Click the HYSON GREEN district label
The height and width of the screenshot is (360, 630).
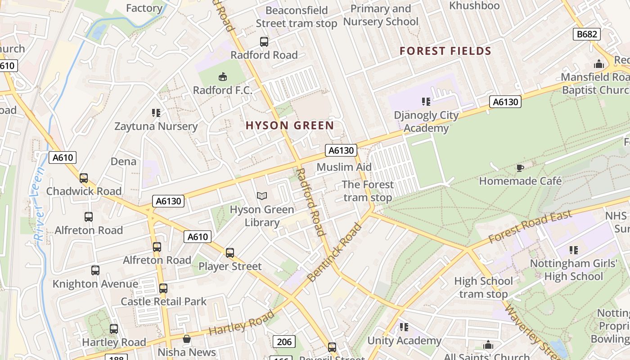(x=290, y=126)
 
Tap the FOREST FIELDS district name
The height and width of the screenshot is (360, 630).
(x=445, y=51)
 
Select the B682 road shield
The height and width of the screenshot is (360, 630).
(x=587, y=34)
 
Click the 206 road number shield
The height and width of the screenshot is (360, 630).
(x=284, y=342)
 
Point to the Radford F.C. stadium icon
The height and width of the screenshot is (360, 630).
(x=222, y=77)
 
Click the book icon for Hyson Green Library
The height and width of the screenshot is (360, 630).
(x=262, y=196)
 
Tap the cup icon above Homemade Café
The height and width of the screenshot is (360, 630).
(x=520, y=168)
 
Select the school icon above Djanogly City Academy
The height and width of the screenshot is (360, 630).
(x=426, y=102)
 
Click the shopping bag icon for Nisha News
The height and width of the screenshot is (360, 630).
(x=187, y=339)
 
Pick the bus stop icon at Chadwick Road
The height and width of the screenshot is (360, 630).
(x=84, y=178)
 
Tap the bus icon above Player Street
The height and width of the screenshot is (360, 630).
(x=230, y=253)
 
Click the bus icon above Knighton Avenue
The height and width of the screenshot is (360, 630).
(x=95, y=270)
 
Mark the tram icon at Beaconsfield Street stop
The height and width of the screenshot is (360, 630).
(x=264, y=42)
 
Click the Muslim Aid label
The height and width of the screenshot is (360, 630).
(x=344, y=167)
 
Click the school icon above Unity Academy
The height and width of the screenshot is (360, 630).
(x=404, y=327)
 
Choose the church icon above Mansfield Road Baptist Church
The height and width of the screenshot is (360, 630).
(x=598, y=64)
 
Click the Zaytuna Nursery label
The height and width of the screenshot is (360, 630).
(x=156, y=126)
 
